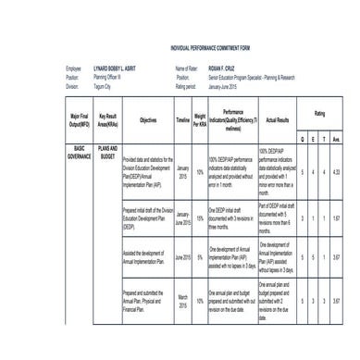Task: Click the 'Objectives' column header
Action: [148, 120]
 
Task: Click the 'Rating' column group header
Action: [319, 113]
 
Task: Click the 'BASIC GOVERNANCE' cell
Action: [79, 152]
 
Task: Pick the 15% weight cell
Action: [200, 218]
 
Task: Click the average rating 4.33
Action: [340, 173]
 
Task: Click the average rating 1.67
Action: [340, 218]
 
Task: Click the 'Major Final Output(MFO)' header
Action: [79, 120]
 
